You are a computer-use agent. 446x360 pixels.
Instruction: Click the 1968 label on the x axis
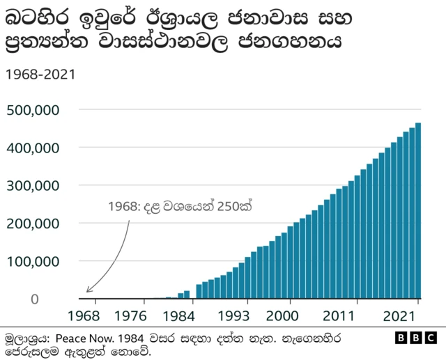86,314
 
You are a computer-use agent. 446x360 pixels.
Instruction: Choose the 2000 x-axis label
286,314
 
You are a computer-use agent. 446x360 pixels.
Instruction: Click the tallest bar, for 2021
418,209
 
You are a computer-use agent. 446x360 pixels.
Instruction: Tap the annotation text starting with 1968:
179,207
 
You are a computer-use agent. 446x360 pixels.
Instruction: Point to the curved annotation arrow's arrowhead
89,290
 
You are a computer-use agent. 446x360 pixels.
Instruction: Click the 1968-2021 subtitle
40,74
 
